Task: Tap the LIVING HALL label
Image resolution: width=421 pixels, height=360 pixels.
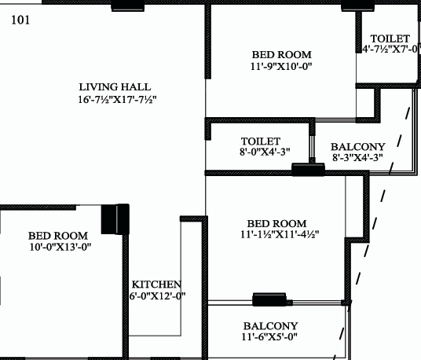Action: click(115, 86)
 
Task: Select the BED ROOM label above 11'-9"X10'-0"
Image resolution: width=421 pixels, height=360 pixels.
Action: click(281, 55)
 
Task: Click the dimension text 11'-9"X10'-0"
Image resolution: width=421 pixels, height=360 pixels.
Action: click(281, 68)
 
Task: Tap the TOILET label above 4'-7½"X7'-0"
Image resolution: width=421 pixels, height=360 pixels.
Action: click(390, 39)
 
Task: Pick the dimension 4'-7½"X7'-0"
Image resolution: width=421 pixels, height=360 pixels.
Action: click(391, 50)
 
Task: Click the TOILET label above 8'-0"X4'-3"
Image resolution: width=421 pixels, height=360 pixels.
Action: click(261, 141)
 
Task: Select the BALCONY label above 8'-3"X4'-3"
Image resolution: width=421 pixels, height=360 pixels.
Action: click(357, 147)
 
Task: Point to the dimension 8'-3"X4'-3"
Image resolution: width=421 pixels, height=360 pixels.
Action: click(357, 158)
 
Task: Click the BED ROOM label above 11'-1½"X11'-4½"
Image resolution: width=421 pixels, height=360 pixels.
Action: click(276, 223)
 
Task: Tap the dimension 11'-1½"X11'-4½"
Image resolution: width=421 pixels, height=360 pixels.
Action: click(280, 235)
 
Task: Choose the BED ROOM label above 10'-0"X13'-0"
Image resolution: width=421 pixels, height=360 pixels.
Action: click(58, 235)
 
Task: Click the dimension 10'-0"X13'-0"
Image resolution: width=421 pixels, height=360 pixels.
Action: click(60, 247)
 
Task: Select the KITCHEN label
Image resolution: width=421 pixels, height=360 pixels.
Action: click(156, 285)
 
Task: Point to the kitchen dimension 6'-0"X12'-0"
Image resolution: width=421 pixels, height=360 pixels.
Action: click(157, 296)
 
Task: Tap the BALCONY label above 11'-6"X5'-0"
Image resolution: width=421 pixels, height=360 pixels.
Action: click(270, 325)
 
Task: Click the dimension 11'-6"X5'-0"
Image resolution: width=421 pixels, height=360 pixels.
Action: click(270, 338)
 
